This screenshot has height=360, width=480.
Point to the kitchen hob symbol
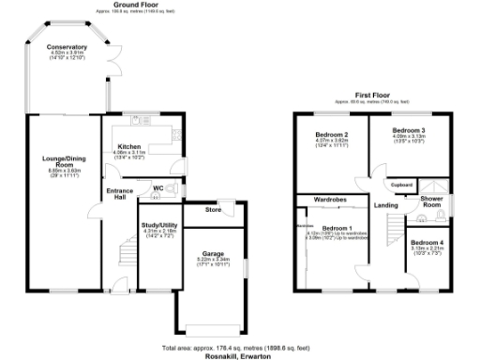(175, 136)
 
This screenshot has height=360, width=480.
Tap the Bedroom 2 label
(329, 135)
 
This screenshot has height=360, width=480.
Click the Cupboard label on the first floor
(402, 185)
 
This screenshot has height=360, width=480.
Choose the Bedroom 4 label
(427, 243)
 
